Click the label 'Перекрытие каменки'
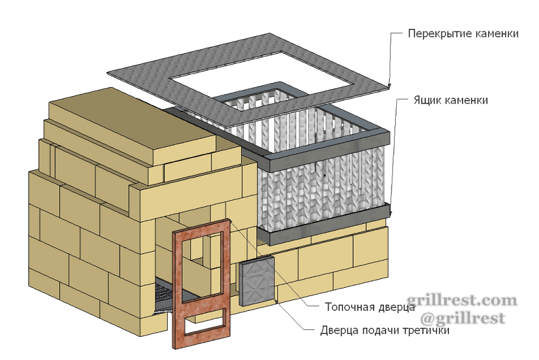pos(463,34)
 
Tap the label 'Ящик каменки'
pos(451,100)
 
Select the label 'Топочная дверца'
pos(370,307)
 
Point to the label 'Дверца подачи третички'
pos(385,330)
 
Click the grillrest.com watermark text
pos(461,301)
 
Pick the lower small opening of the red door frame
pos(205,322)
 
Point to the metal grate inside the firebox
pos(164,295)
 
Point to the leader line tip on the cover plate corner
pos(389,85)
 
